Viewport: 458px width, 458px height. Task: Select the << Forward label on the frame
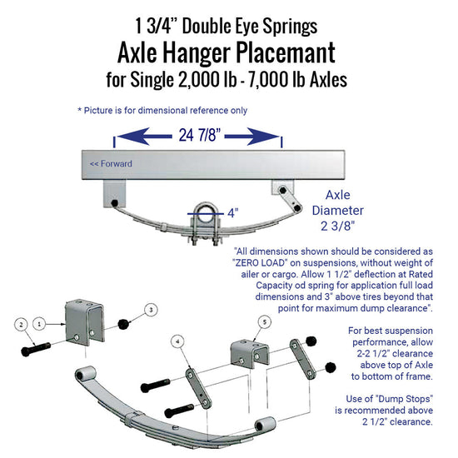111,163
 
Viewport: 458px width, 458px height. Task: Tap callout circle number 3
150,309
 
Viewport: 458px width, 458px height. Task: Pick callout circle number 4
177,340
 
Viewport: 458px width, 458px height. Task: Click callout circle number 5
265,321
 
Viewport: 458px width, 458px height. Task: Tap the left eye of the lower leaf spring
84,373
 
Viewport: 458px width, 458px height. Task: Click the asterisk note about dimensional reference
162,110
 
